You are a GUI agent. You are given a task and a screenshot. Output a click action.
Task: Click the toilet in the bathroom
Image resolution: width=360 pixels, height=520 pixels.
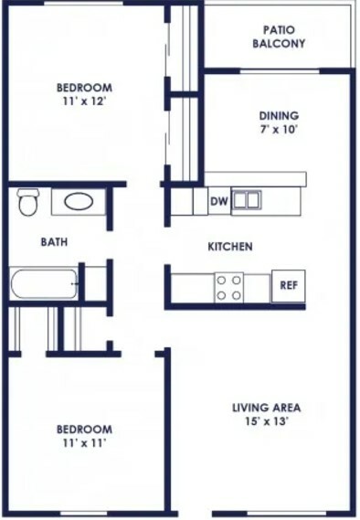pos(27,202)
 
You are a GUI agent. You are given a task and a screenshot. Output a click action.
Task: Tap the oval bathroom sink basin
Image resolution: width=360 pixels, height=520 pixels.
pos(79,202)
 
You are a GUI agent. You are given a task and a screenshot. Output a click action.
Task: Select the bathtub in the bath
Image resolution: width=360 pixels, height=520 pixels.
pos(44,283)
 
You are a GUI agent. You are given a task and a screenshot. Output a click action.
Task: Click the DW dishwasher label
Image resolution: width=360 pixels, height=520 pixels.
pos(219,201)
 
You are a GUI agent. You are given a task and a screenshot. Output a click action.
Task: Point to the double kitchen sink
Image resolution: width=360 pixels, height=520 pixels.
pos(246,200)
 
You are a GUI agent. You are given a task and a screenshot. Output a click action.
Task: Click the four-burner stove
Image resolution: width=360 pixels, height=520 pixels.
pos(228,288)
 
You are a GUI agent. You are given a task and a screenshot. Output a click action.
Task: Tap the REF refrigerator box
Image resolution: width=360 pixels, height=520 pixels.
pos(289,286)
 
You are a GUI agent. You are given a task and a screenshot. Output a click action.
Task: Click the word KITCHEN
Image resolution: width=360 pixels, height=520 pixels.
pos(230,247)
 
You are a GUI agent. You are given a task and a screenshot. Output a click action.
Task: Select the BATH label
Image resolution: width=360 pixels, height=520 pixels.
pos(54,242)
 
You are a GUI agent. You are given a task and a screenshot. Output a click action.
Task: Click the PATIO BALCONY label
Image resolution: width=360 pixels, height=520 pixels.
pos(279,37)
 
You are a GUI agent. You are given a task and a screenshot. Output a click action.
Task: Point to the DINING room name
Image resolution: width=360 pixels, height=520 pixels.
pos(279,116)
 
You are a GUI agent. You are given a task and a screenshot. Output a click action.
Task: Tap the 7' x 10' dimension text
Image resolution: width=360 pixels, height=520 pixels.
pos(278,129)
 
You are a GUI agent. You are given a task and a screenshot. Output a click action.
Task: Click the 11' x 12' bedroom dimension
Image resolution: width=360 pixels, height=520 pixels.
pos(84,101)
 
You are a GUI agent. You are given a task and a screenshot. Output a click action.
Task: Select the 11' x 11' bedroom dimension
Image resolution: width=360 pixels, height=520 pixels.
pos(84,442)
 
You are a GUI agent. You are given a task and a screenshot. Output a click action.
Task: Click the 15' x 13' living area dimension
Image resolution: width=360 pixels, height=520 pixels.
pos(266,421)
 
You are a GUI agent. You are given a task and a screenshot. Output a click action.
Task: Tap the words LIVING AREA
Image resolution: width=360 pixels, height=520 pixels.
pos(266,408)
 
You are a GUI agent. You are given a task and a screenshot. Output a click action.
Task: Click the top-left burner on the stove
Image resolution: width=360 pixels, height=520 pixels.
pos(221,281)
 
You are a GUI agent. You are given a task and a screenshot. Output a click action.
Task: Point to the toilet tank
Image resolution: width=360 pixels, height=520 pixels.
pos(27,192)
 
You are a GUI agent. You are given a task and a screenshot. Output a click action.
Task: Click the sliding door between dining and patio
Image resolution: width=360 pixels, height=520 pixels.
pos(279,71)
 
